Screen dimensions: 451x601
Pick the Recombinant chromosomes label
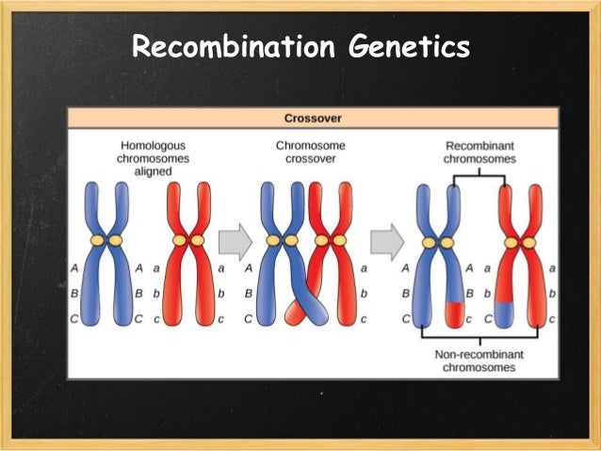479,153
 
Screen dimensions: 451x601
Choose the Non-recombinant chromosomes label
479,361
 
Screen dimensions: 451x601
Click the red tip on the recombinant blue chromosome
455,312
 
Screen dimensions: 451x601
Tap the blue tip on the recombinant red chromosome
505,312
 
